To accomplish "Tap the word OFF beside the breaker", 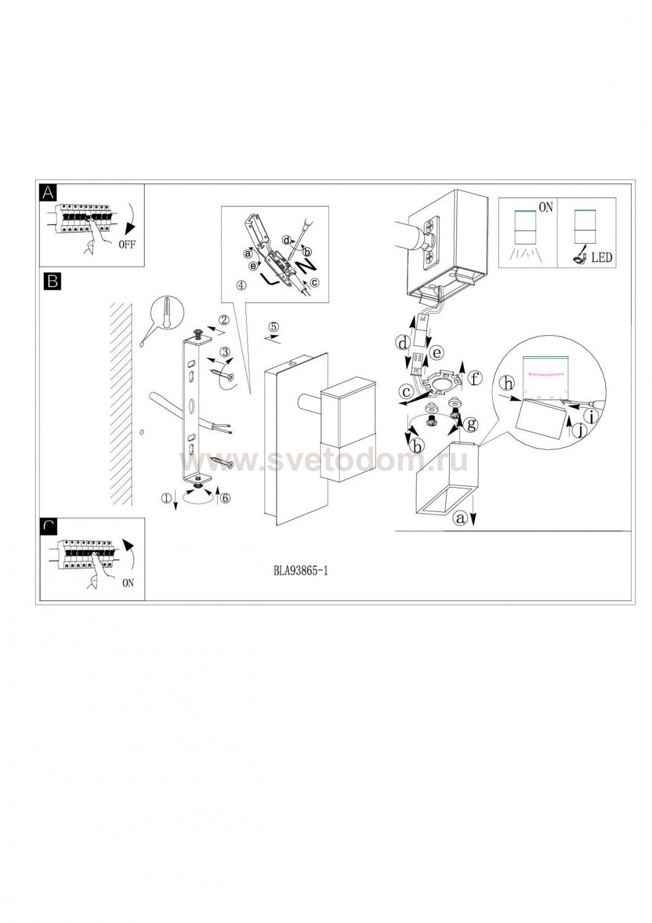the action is tap(127, 244).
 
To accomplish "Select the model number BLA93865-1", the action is tap(301, 570).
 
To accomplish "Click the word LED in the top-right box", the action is tap(602, 258).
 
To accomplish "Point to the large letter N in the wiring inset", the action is tap(306, 265).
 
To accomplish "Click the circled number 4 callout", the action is tap(241, 285).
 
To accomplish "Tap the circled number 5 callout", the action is tap(274, 327).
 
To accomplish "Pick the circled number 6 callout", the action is tap(225, 498).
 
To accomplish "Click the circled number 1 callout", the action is tap(167, 498).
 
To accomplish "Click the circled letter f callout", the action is tap(475, 378).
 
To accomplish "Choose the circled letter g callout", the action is tap(471, 424).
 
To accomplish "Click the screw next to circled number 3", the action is tap(223, 374).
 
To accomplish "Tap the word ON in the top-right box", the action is tap(546, 207).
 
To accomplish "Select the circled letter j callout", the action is tap(580, 431).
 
